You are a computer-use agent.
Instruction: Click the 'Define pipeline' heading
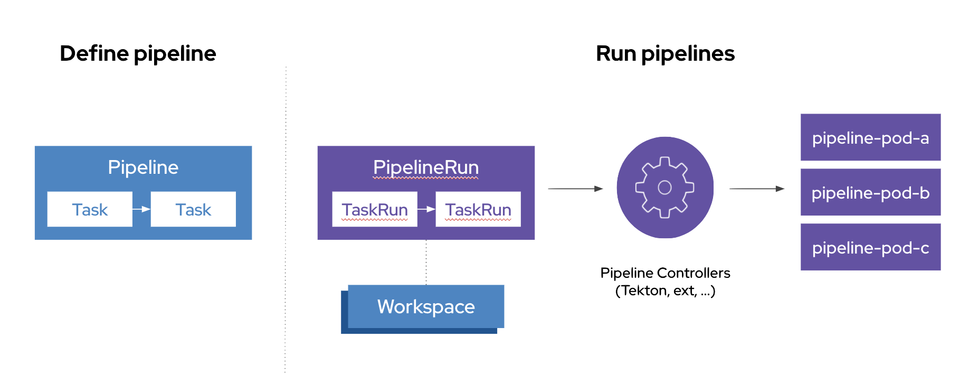point(138,54)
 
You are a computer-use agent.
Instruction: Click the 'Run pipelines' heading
point(665,54)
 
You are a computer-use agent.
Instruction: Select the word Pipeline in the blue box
point(143,167)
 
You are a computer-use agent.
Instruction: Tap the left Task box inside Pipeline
point(90,210)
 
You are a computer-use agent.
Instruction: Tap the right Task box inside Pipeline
point(193,210)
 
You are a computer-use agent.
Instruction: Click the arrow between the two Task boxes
point(141,209)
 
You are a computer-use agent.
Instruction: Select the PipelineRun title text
point(426,167)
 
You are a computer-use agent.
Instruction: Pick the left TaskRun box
point(375,210)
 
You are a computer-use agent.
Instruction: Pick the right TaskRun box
point(478,210)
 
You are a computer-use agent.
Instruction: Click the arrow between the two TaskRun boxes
point(426,209)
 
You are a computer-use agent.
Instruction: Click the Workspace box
point(426,307)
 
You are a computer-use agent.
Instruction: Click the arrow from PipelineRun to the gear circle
point(575,189)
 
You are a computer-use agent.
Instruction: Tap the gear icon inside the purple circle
point(665,188)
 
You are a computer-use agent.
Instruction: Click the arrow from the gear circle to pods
point(757,189)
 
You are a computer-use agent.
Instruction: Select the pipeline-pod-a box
point(870,138)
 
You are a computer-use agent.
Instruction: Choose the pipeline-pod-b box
point(870,193)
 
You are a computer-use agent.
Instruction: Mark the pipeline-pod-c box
point(870,248)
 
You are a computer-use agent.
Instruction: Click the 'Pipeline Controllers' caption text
point(666,273)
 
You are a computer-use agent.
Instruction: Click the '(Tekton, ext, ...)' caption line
point(665,291)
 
